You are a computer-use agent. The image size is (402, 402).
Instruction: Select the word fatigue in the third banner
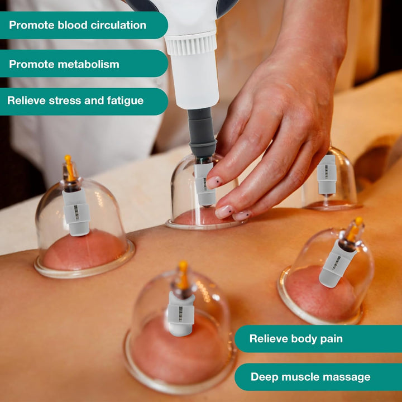click(123, 101)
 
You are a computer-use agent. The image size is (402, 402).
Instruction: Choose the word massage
click(346, 377)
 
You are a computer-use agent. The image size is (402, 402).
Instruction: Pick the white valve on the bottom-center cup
click(180, 313)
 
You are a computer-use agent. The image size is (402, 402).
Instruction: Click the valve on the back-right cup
click(327, 175)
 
